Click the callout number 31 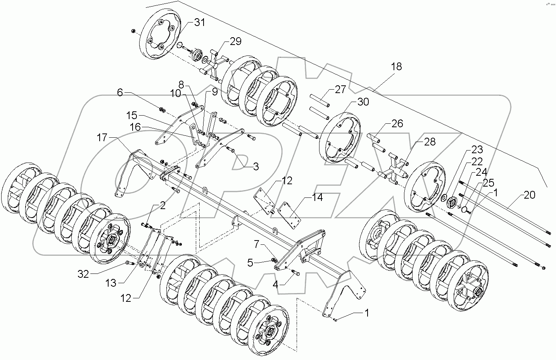click(199, 23)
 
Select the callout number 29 click(235, 41)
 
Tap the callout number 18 click(396, 66)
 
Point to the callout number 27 click(340, 90)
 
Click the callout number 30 click(363, 102)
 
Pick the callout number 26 click(397, 124)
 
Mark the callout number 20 click(530, 195)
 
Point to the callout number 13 click(111, 283)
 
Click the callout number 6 click(120, 93)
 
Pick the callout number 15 click(131, 116)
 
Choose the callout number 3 click(255, 167)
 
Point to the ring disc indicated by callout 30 click(340, 136)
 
